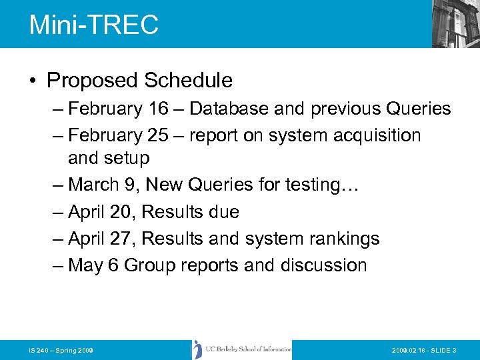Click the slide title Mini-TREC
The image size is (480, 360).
[94, 25]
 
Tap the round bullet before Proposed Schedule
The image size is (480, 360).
[33, 81]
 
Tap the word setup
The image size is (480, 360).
[129, 159]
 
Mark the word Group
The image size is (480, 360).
[149, 265]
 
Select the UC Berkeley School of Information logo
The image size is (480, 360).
[242, 349]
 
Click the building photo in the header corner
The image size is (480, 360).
[456, 23]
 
